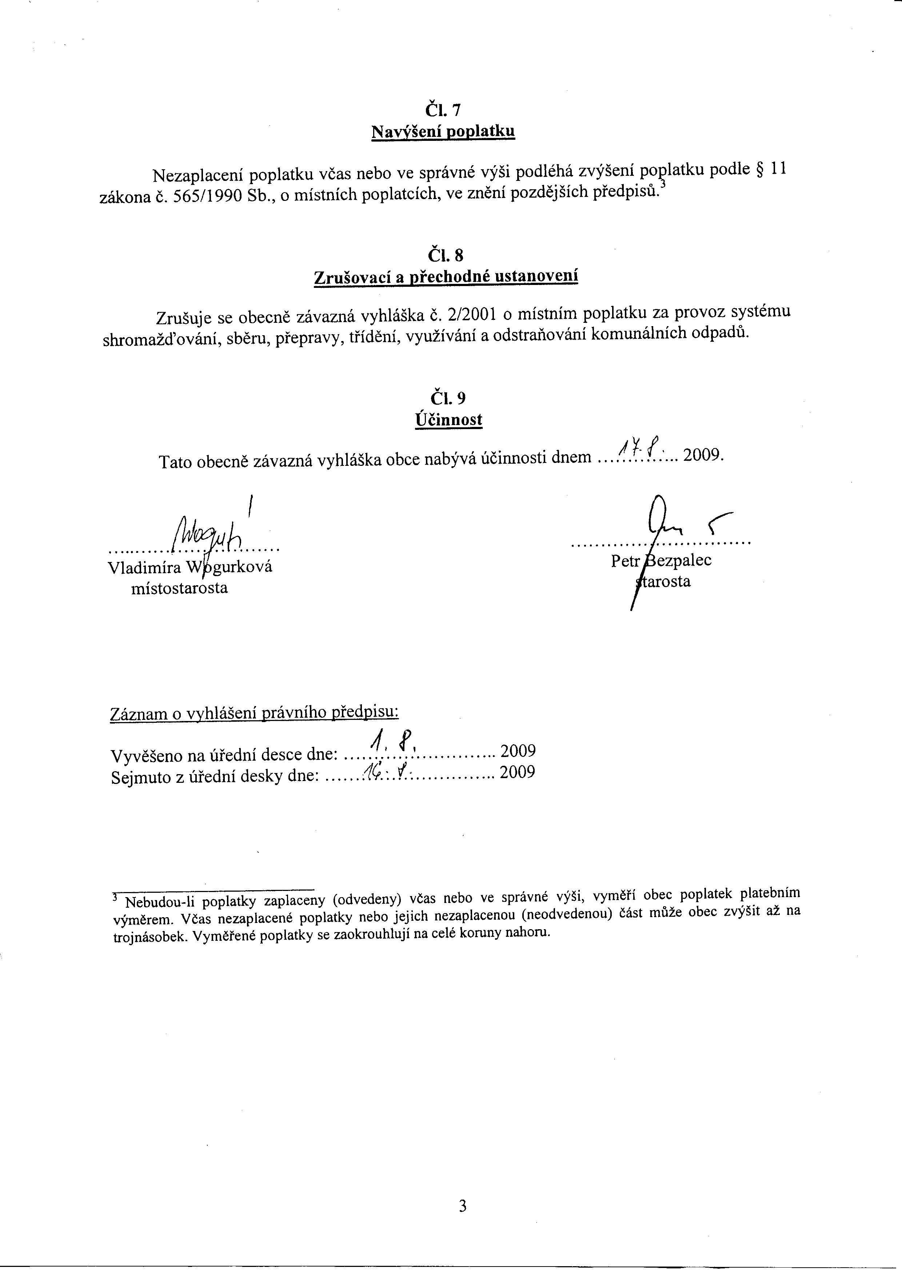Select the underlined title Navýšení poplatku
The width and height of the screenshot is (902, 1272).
(x=443, y=132)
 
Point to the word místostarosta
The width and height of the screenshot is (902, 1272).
(x=179, y=588)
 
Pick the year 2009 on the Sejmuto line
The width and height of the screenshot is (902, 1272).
(x=518, y=772)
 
